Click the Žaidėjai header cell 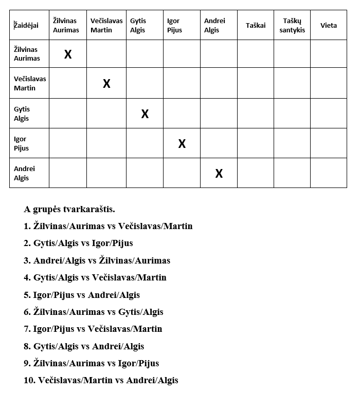[29, 25]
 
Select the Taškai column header [256, 25]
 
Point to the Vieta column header [329, 25]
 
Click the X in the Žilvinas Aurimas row [68, 54]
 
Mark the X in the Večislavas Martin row [106, 83]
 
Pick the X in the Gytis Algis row [145, 114]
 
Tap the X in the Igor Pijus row [182, 143]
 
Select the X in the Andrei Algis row [219, 173]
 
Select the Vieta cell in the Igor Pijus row [329, 143]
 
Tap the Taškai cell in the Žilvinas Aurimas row [256, 54]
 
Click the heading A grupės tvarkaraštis [69, 209]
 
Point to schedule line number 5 [82, 295]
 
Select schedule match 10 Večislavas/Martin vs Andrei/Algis [101, 380]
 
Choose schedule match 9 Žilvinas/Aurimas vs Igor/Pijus [91, 363]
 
